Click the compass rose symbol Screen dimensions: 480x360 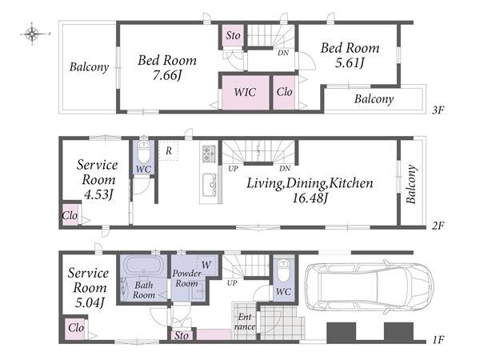(32, 34)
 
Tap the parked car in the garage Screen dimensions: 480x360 (370, 286)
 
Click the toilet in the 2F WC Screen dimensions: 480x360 (143, 152)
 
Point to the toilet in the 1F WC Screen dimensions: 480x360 (283, 270)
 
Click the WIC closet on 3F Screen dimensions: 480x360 (246, 93)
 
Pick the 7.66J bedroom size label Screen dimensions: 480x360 (167, 74)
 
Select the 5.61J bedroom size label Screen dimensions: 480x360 (350, 62)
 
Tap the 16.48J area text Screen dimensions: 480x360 (310, 198)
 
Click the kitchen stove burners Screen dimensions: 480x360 (209, 154)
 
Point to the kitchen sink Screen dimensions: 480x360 (210, 185)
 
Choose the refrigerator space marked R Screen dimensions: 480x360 (168, 150)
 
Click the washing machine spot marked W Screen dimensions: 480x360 (207, 266)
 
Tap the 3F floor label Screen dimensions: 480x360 (438, 110)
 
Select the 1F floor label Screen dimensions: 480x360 (438, 339)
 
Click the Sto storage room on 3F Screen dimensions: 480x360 (233, 35)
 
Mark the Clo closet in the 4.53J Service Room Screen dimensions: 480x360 (70, 215)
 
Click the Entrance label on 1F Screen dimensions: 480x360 (245, 322)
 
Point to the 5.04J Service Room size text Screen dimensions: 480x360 (90, 302)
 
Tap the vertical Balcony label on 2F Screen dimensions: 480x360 (411, 184)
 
